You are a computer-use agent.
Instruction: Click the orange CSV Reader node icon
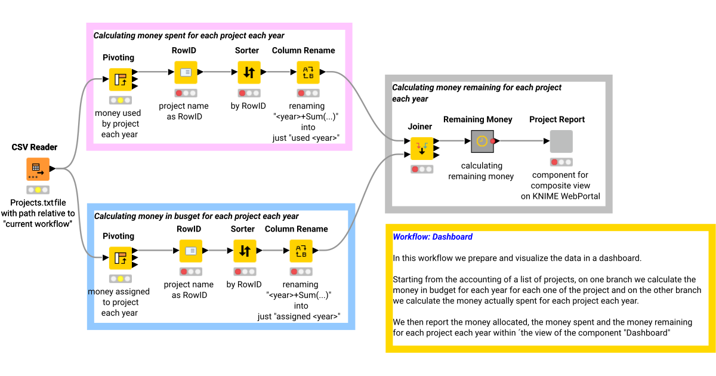[x=38, y=169]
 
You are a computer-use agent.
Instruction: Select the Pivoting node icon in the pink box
[x=121, y=79]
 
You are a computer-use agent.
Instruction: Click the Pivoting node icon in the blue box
[x=121, y=258]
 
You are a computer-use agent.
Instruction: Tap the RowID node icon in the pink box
[x=186, y=72]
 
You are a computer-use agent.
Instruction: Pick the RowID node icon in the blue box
[x=191, y=251]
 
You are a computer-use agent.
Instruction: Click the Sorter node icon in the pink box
[x=249, y=72]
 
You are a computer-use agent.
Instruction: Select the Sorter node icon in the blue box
[x=245, y=251]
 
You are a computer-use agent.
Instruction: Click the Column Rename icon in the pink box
[x=308, y=72]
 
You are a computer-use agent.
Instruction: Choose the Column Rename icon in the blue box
[x=301, y=251]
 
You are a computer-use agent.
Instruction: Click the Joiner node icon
[x=422, y=149]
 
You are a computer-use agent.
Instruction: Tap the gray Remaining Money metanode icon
[x=482, y=141]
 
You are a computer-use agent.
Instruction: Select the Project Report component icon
[x=561, y=141]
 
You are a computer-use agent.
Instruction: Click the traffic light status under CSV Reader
[x=38, y=190]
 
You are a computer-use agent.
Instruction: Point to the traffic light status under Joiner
[x=422, y=169]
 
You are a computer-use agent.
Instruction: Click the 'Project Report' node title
[x=557, y=119]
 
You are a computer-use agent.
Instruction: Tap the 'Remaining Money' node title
[x=477, y=119]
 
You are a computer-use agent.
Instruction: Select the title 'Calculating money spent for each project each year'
[x=189, y=36]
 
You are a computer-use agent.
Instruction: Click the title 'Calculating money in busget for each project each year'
[x=196, y=216]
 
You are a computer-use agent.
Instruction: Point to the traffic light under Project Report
[x=561, y=162]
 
